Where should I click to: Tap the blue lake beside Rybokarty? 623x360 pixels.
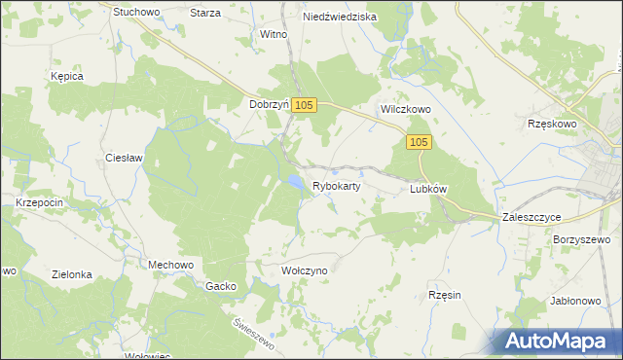(x=293, y=181)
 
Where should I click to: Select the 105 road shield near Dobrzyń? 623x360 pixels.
(x=304, y=105)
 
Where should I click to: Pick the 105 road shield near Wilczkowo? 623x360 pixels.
(x=418, y=143)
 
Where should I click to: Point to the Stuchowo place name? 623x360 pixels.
(x=136, y=13)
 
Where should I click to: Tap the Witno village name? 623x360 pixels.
(x=273, y=34)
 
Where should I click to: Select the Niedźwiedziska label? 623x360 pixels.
(x=340, y=16)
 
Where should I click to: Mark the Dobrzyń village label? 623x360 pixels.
(x=270, y=105)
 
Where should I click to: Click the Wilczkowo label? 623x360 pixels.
(x=405, y=111)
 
